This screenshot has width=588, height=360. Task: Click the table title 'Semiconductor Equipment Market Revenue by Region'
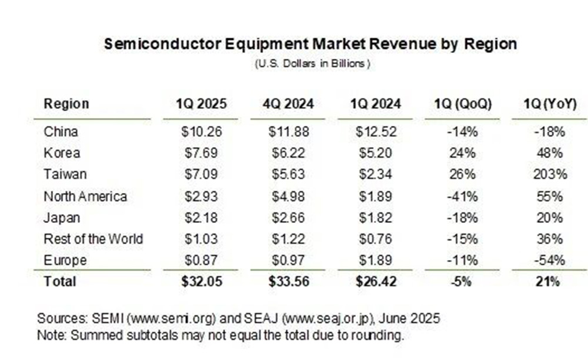[x=310, y=44]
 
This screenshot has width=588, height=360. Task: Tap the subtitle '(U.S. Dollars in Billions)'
[x=312, y=64]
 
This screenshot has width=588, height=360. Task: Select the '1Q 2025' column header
[x=201, y=104]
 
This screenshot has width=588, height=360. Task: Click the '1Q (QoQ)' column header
[x=462, y=104]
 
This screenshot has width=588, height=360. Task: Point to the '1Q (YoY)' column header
[x=550, y=104]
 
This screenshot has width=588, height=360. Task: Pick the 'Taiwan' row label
[x=65, y=174]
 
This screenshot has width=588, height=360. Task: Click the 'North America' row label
[x=85, y=196]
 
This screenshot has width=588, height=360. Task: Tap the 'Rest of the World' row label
[x=93, y=239]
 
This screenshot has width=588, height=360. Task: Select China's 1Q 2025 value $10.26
[x=201, y=132]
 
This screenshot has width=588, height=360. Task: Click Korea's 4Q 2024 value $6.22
[x=288, y=153]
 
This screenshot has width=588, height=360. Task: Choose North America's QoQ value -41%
[x=462, y=196]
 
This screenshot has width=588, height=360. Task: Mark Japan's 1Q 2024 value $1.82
[x=375, y=218]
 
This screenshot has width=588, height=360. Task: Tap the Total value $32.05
[x=201, y=282]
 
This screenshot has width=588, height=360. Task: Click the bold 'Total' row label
[x=60, y=282]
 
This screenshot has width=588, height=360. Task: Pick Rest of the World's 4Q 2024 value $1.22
[x=288, y=239]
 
